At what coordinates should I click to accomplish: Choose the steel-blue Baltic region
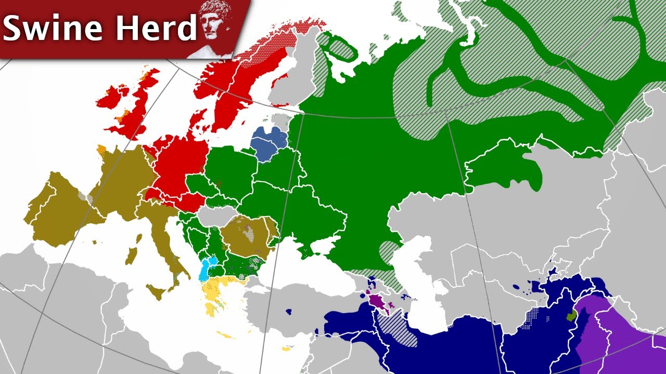click(x=269, y=142)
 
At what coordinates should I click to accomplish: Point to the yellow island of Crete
click(x=227, y=335)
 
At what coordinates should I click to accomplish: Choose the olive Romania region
click(x=245, y=239)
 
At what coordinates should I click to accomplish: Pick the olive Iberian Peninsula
click(x=57, y=208)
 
